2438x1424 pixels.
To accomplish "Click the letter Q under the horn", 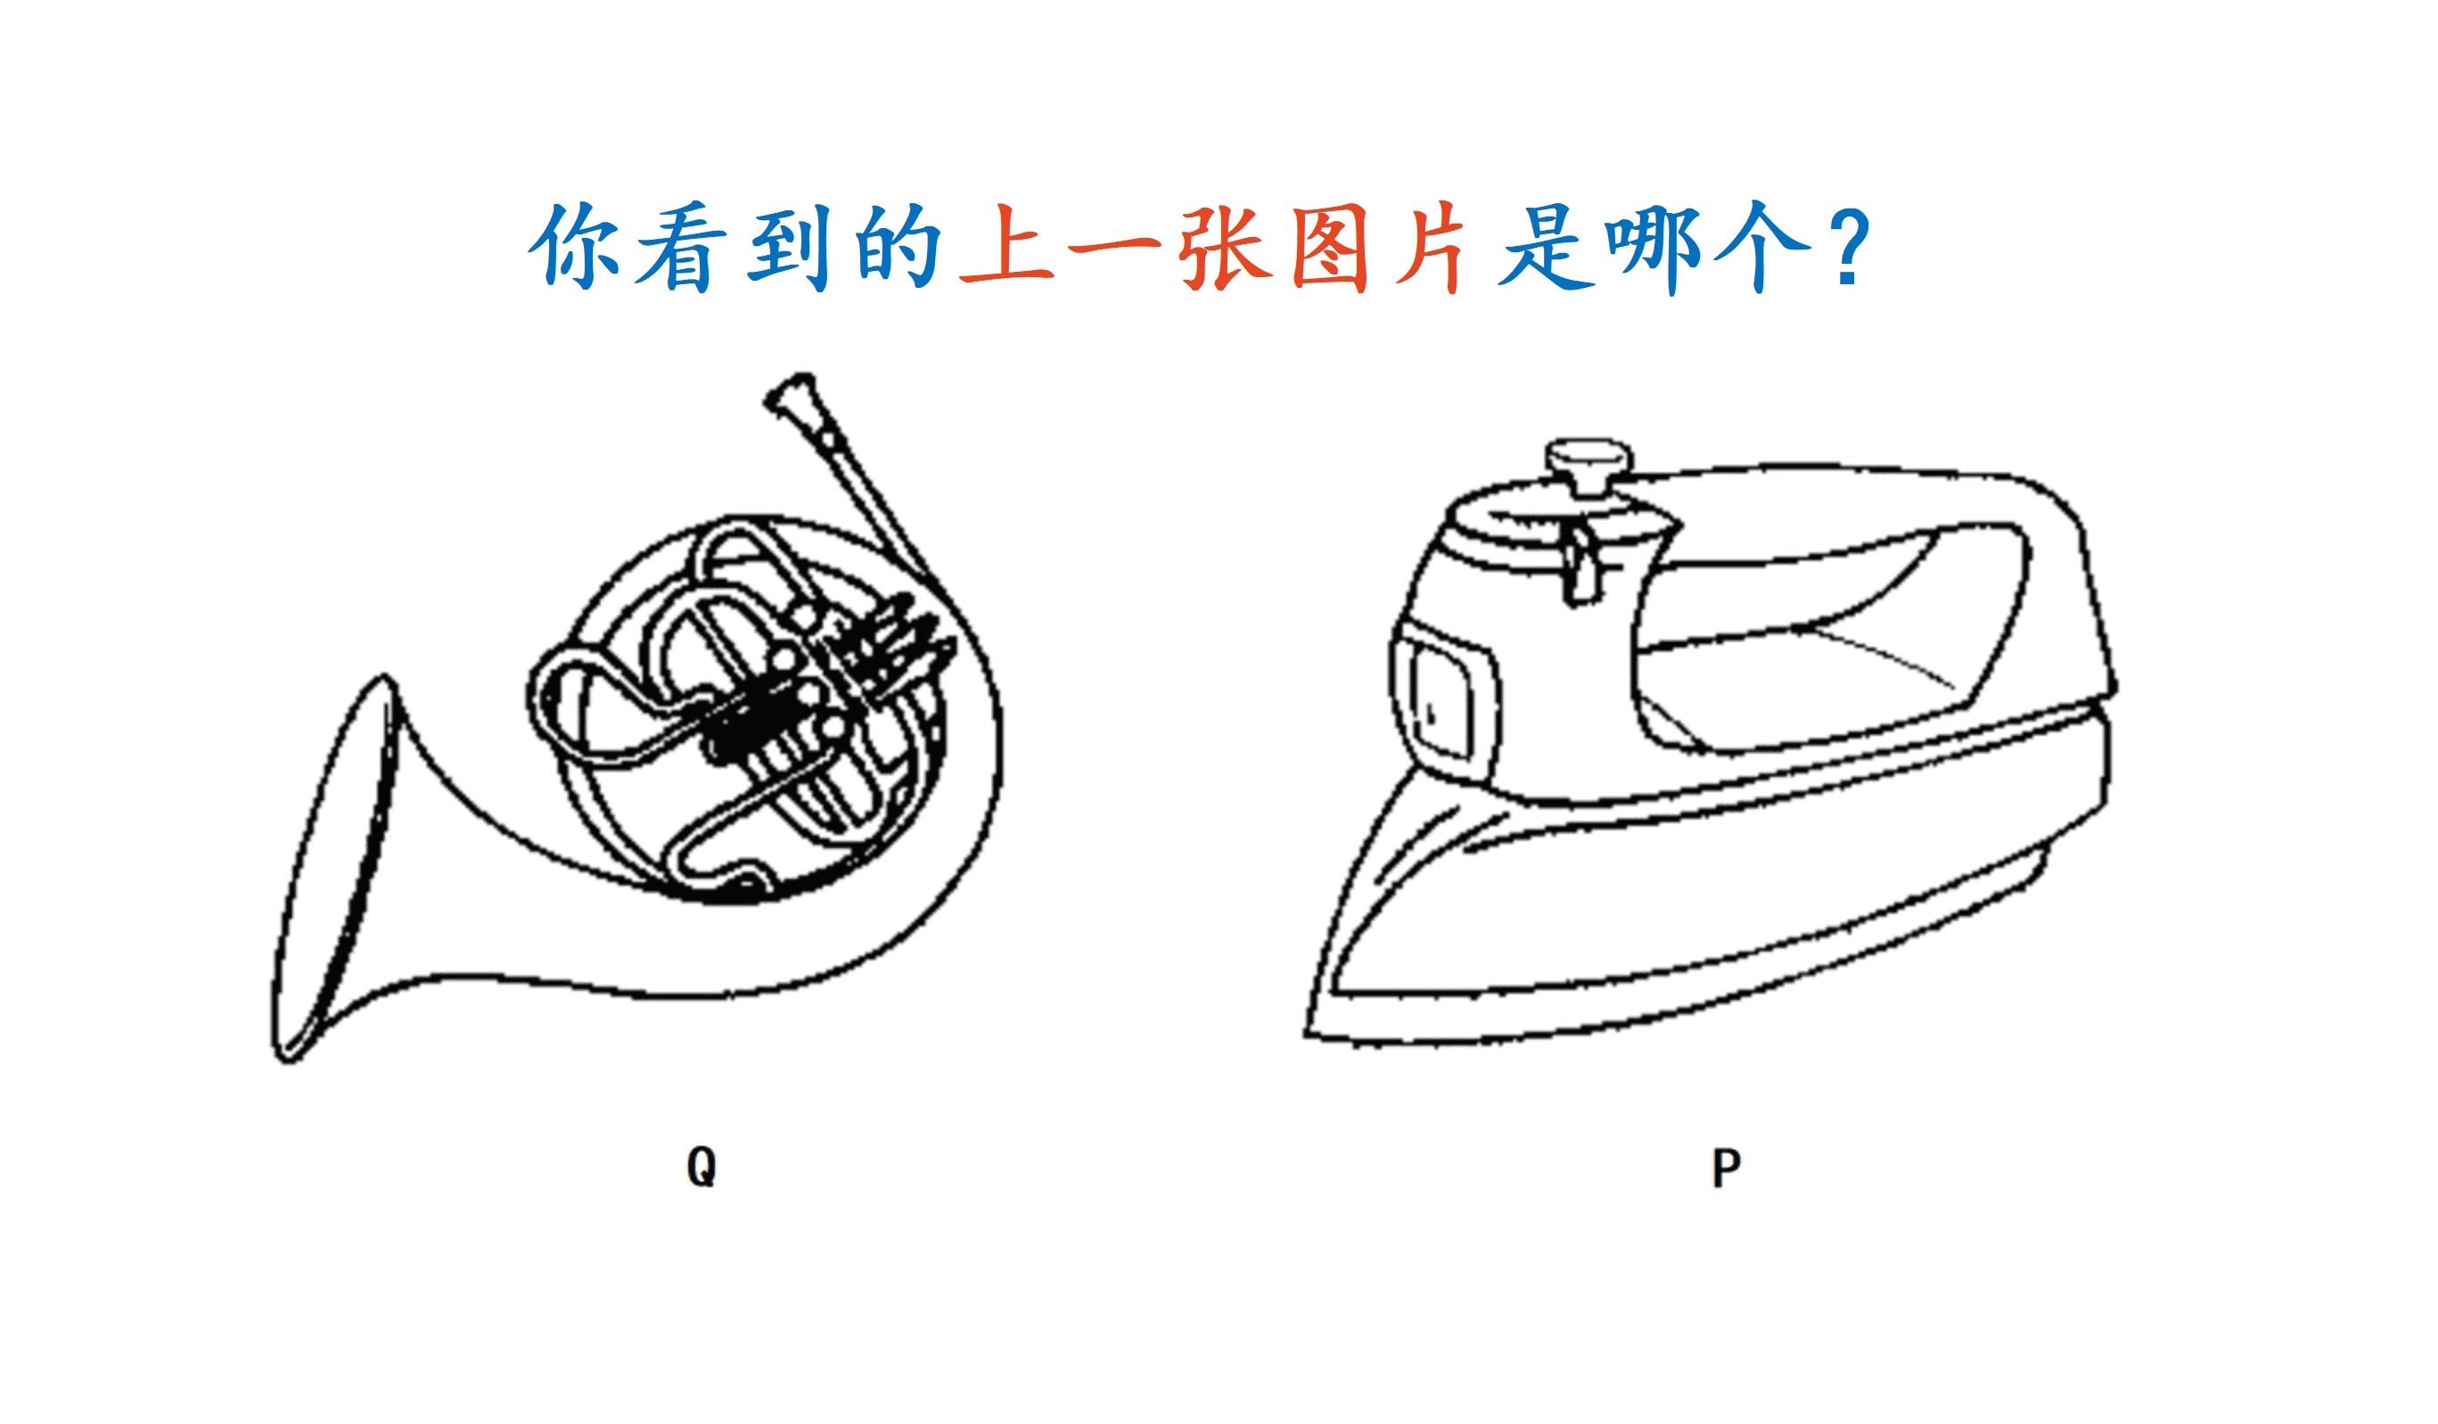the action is pos(702,1166).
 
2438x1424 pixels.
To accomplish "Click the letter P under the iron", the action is pos(1727,1167).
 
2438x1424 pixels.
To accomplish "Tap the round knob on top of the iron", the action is pos(1588,463).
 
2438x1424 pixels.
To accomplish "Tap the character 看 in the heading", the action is pos(681,247).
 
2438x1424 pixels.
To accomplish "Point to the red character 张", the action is pos(1224,247).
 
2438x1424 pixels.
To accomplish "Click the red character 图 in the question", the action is pos(1329,247).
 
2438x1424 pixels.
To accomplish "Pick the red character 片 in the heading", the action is pos(1433,247).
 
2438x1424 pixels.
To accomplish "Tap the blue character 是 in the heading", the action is pos(1545,247).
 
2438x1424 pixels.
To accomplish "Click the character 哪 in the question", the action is pos(1654,249).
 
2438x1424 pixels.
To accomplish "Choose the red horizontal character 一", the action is pos(1114,249).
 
